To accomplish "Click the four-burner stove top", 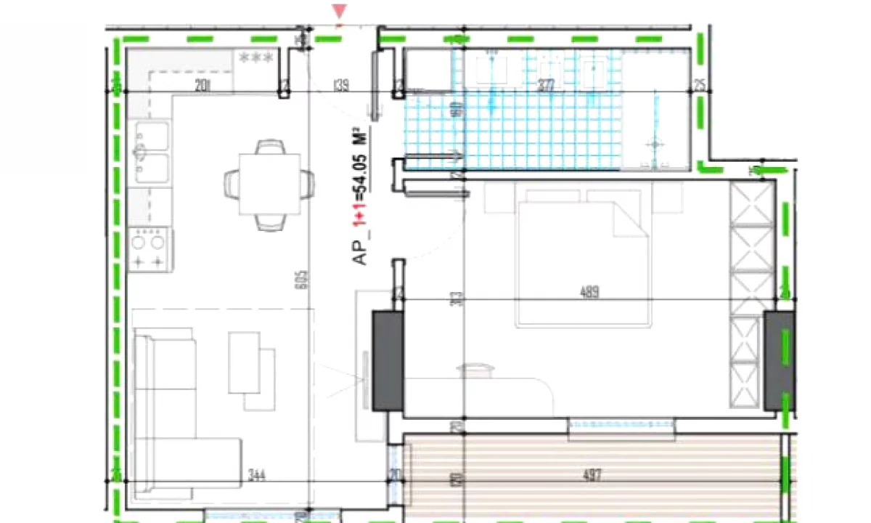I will (148, 248).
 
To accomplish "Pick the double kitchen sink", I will (152, 153).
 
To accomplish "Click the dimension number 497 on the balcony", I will (592, 477).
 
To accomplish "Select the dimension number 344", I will (255, 477).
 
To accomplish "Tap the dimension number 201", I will (203, 86).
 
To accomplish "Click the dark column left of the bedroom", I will (388, 360).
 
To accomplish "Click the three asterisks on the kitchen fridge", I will (255, 57).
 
